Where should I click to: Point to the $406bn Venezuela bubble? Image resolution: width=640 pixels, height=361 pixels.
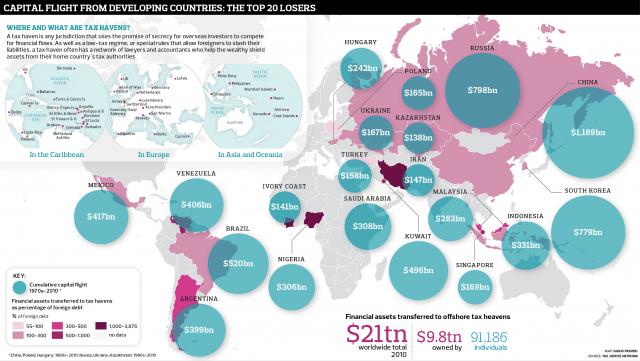[198, 204]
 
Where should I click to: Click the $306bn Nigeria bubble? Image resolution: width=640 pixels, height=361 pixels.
[291, 287]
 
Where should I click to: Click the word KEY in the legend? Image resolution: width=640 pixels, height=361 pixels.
[18, 273]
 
